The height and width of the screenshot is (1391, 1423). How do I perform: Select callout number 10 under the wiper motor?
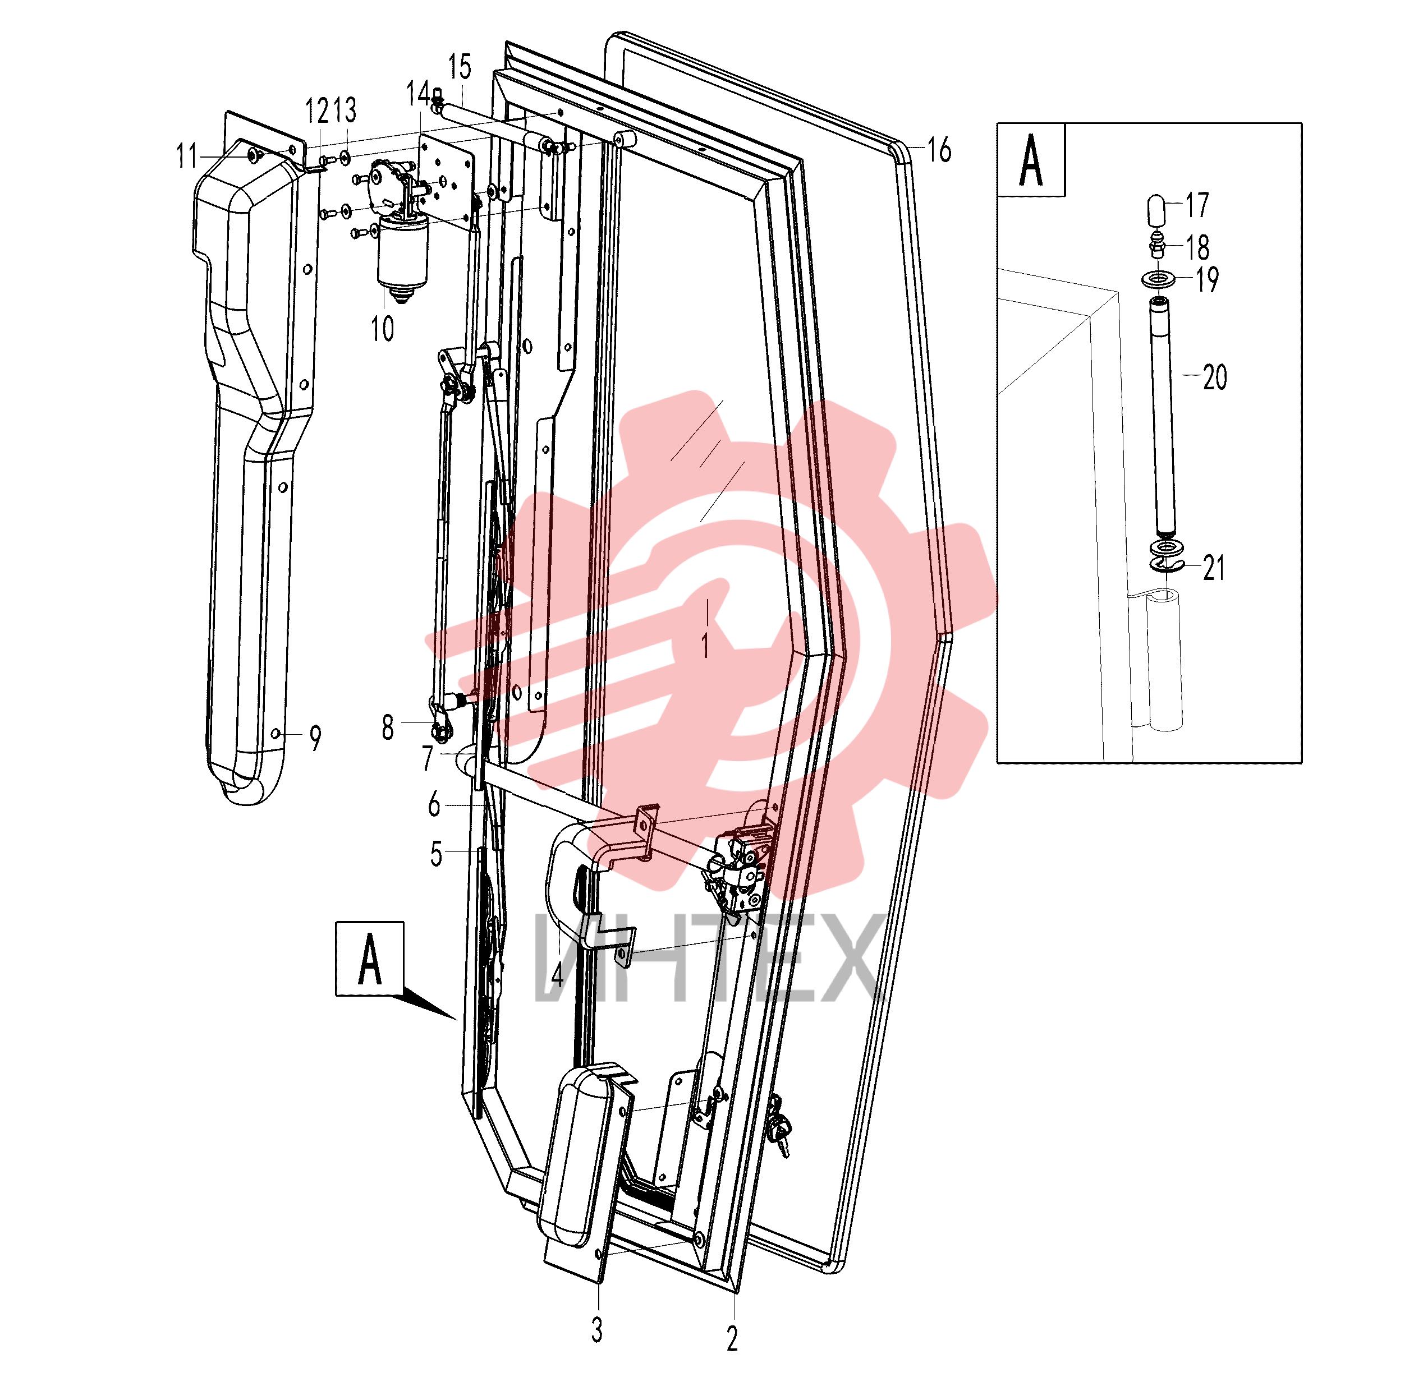(x=382, y=329)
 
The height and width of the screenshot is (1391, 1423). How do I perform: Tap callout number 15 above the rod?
(x=460, y=67)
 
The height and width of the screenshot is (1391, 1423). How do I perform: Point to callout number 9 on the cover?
(x=315, y=738)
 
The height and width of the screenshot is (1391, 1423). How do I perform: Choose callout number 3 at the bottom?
(x=597, y=1330)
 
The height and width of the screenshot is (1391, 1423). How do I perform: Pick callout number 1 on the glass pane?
(x=705, y=646)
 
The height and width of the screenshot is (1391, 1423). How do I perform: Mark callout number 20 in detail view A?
(x=1215, y=377)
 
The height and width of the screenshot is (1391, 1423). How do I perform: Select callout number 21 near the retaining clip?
(x=1214, y=568)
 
